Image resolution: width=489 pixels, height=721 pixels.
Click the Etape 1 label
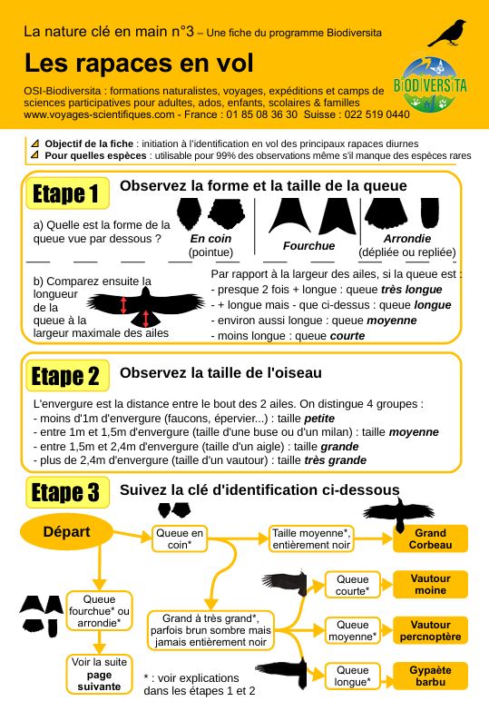(67, 193)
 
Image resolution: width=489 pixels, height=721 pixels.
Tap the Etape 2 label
(67, 376)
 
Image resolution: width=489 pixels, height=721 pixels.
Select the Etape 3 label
(67, 492)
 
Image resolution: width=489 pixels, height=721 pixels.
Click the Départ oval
(66, 532)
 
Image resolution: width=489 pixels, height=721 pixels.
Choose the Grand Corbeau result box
(430, 538)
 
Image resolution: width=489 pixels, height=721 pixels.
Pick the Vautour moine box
(430, 584)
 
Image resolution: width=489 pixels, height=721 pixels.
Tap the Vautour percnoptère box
(430, 630)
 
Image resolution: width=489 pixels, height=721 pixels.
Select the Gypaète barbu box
(430, 676)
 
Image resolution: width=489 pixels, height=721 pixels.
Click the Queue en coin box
(180, 538)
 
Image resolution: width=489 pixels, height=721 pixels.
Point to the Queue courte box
(353, 585)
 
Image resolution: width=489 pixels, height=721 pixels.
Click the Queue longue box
(353, 676)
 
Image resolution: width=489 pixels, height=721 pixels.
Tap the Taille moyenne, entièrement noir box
(311, 538)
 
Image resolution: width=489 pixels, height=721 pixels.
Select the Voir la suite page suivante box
(99, 674)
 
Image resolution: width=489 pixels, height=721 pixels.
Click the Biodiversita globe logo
(430, 85)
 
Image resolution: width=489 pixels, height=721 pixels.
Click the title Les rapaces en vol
(139, 63)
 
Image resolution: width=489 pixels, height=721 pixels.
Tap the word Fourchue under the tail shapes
(308, 246)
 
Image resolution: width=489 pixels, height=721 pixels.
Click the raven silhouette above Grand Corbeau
(398, 514)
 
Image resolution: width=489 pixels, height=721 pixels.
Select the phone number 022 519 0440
(377, 114)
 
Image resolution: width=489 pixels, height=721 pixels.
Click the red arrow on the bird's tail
(146, 318)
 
